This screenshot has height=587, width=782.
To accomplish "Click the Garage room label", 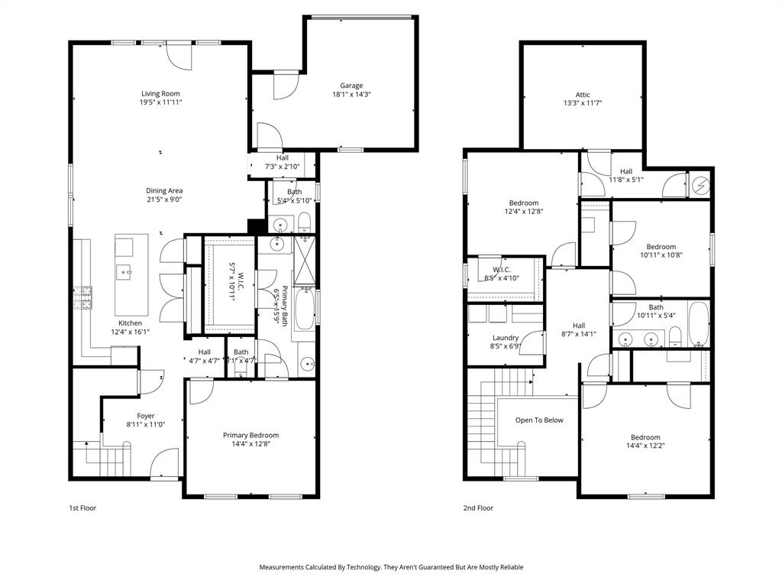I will click(x=351, y=86).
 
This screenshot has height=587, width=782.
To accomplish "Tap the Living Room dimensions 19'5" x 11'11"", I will click(x=160, y=102).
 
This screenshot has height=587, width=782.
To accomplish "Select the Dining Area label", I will click(x=164, y=190).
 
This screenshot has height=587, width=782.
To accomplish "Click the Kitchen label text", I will click(x=129, y=323).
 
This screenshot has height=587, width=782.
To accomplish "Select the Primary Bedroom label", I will click(x=250, y=435).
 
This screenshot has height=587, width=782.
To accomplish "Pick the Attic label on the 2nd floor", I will click(x=582, y=95).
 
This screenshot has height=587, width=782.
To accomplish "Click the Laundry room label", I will click(x=506, y=337).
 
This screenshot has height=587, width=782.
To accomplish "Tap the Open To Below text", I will click(x=539, y=420).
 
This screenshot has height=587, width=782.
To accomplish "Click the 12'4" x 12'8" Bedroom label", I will click(x=523, y=203).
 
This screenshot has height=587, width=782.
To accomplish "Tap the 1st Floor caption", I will click(x=82, y=508).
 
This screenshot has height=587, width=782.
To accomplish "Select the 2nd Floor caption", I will click(x=478, y=508).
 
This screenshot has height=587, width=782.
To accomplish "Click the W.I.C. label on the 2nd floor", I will click(x=501, y=269).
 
